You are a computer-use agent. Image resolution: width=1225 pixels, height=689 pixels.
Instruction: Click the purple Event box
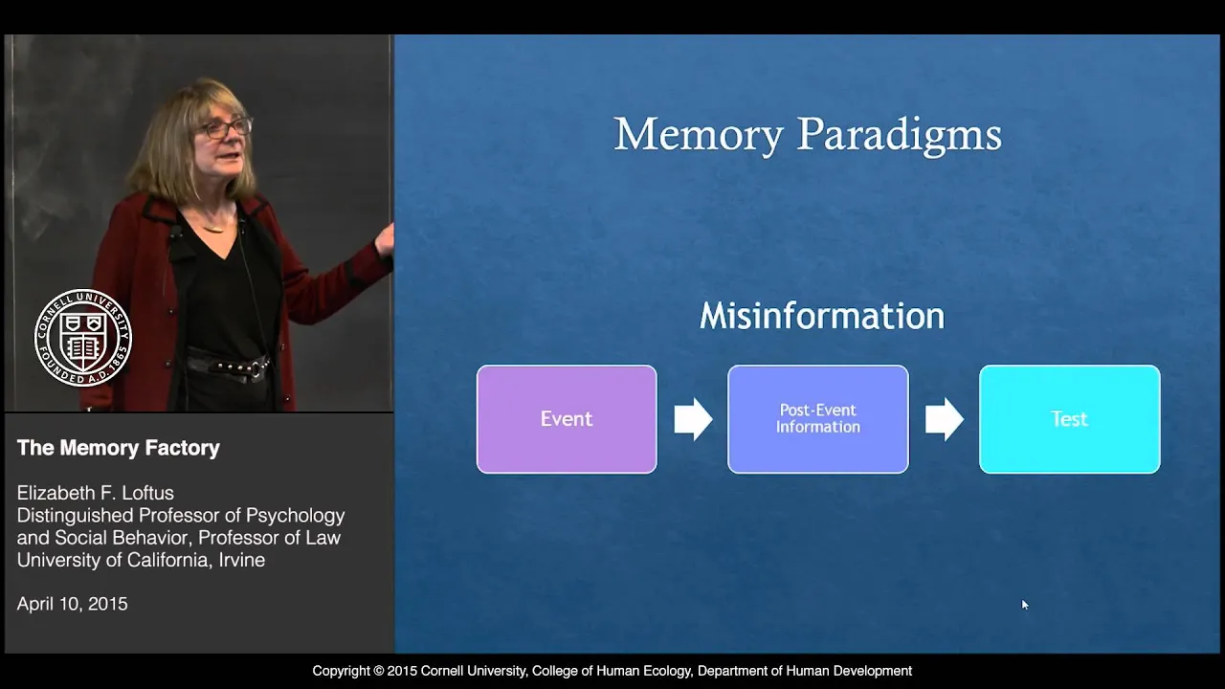(x=567, y=419)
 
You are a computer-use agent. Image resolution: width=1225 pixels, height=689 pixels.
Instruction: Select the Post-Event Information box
(x=817, y=419)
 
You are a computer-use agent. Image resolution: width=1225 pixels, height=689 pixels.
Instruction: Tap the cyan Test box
(x=1069, y=419)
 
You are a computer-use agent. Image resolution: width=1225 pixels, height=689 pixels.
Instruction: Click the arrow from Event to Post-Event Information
(x=693, y=419)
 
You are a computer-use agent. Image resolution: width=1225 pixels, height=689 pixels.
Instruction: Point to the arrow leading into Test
(x=944, y=419)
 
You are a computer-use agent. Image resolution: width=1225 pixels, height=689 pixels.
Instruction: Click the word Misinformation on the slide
(x=821, y=316)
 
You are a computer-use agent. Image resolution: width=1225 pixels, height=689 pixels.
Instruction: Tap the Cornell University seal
(x=83, y=338)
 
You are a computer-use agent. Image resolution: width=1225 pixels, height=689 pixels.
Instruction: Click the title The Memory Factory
(x=118, y=448)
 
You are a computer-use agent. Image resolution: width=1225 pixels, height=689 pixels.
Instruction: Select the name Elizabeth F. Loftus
(x=95, y=493)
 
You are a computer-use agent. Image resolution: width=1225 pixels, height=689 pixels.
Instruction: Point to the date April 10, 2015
(x=72, y=604)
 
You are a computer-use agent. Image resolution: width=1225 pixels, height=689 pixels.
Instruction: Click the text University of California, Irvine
(x=141, y=560)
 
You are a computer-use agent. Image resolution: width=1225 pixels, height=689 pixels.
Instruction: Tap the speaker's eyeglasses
(x=226, y=126)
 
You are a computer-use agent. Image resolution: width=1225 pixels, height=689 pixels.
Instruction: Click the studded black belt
(x=230, y=365)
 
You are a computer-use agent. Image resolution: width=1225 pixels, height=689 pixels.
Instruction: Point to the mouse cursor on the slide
(x=1024, y=604)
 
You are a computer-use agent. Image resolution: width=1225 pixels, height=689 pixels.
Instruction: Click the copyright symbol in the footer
(x=379, y=671)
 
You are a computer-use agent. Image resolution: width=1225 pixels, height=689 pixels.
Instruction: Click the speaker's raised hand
(x=386, y=239)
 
